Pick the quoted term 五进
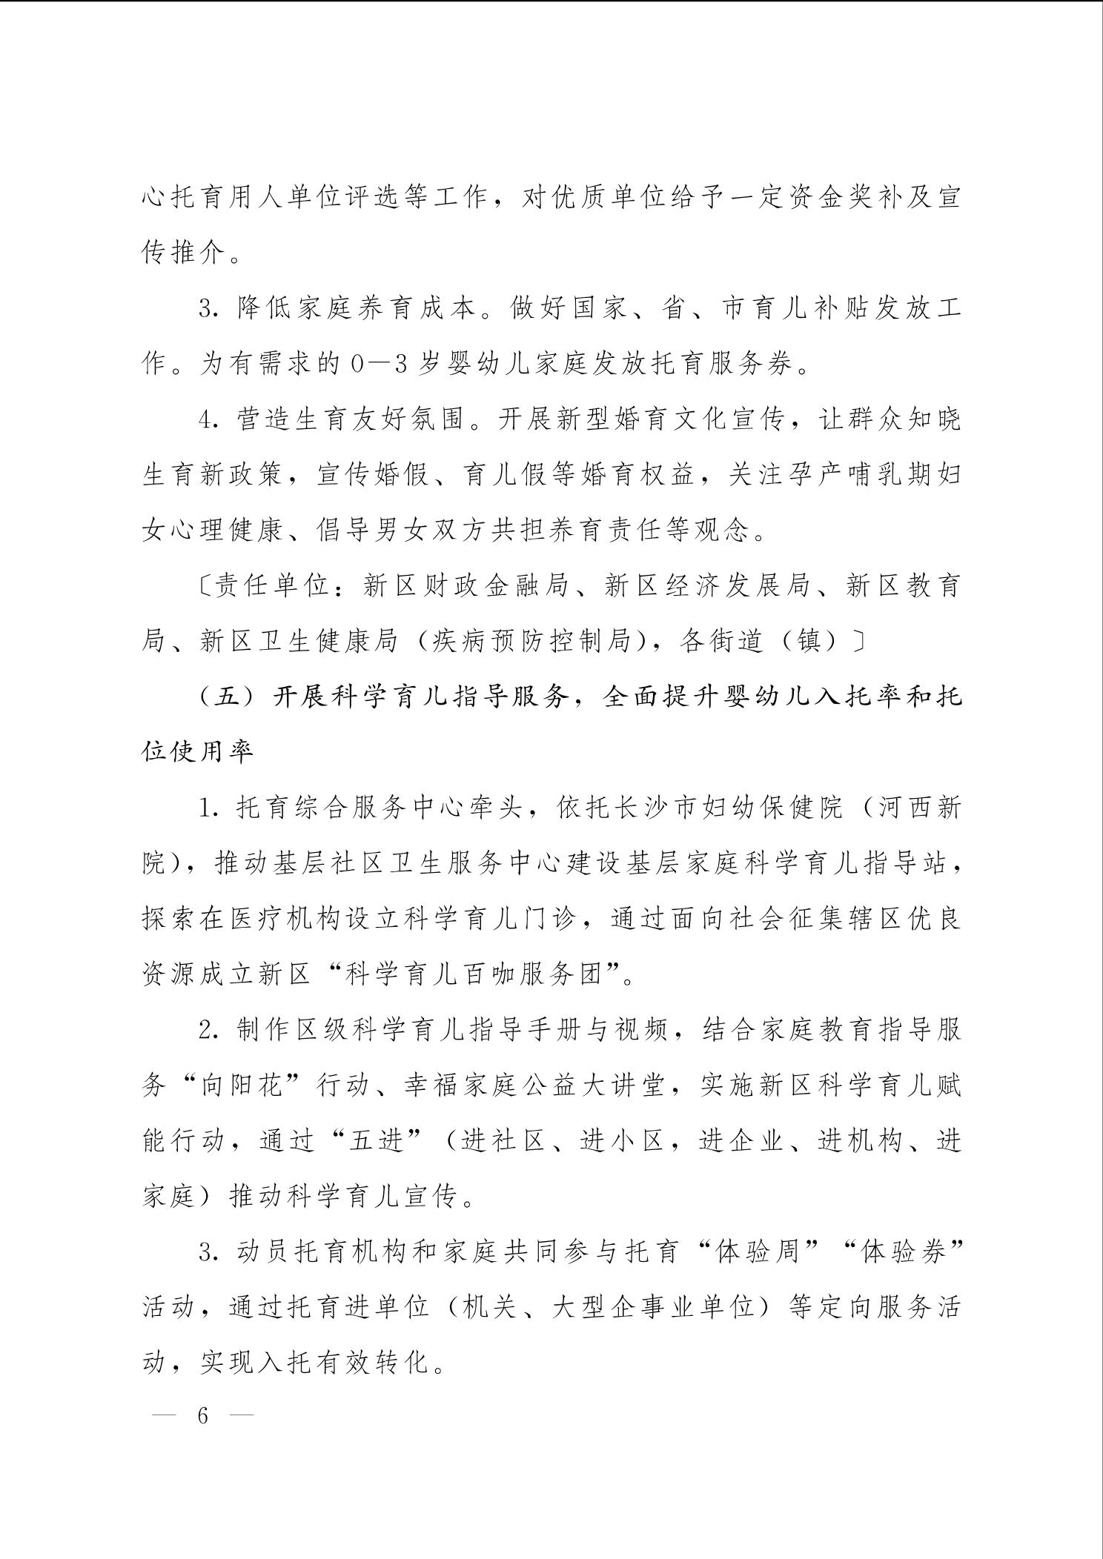(377, 1142)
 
